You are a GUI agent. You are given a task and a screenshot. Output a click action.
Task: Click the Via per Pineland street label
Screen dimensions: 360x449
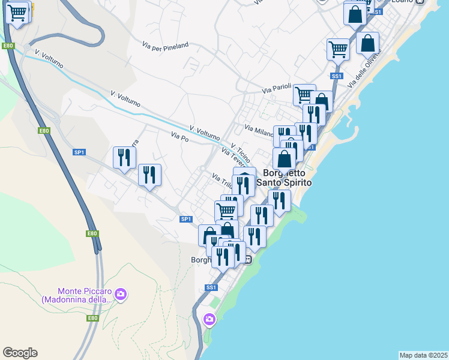click(x=166, y=44)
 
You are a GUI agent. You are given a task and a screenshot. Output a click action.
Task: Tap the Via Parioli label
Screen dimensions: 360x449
click(x=276, y=89)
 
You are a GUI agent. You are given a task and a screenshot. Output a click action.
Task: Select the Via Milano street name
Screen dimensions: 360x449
click(x=259, y=129)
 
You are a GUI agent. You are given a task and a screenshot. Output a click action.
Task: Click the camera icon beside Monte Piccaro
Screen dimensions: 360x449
click(x=121, y=294)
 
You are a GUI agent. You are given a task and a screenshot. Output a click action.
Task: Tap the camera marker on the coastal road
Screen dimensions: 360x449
click(x=209, y=318)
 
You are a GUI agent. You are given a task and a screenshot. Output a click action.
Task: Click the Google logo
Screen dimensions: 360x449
click(x=20, y=353)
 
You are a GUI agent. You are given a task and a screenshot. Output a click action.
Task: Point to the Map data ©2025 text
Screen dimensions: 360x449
click(x=423, y=355)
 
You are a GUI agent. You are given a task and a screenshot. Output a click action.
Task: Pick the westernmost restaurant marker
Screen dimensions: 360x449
click(x=124, y=158)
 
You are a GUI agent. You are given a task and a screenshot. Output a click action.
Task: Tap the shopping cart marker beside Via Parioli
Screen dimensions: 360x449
click(x=304, y=94)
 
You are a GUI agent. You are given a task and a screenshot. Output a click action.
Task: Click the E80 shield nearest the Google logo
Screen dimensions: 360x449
click(x=92, y=318)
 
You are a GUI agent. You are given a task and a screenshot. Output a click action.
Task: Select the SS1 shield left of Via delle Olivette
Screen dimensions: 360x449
click(x=336, y=76)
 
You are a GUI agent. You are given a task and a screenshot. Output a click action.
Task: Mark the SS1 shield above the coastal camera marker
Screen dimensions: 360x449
click(x=211, y=288)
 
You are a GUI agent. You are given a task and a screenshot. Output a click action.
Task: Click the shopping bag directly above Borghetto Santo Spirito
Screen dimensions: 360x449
click(x=285, y=159)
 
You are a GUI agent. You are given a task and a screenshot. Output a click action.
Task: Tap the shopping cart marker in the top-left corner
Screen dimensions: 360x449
click(x=17, y=11)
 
